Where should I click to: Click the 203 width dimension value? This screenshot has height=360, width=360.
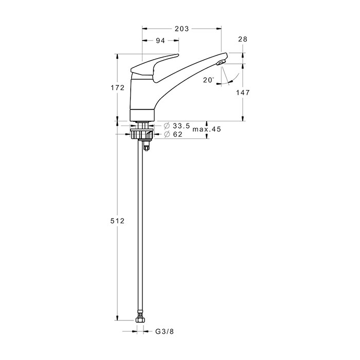tap(182, 29)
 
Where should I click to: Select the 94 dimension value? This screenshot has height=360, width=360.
tap(160, 41)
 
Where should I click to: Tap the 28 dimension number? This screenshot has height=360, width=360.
tap(243, 39)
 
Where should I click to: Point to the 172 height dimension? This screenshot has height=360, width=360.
tap(118, 87)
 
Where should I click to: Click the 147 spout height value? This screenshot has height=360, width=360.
tap(243, 93)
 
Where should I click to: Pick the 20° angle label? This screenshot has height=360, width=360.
tap(208, 80)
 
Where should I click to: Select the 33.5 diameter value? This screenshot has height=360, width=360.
tap(182, 126)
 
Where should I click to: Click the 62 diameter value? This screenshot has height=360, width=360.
tap(177, 134)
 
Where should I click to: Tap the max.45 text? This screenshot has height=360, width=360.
tap(207, 129)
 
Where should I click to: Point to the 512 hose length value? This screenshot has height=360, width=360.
tap(118, 221)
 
